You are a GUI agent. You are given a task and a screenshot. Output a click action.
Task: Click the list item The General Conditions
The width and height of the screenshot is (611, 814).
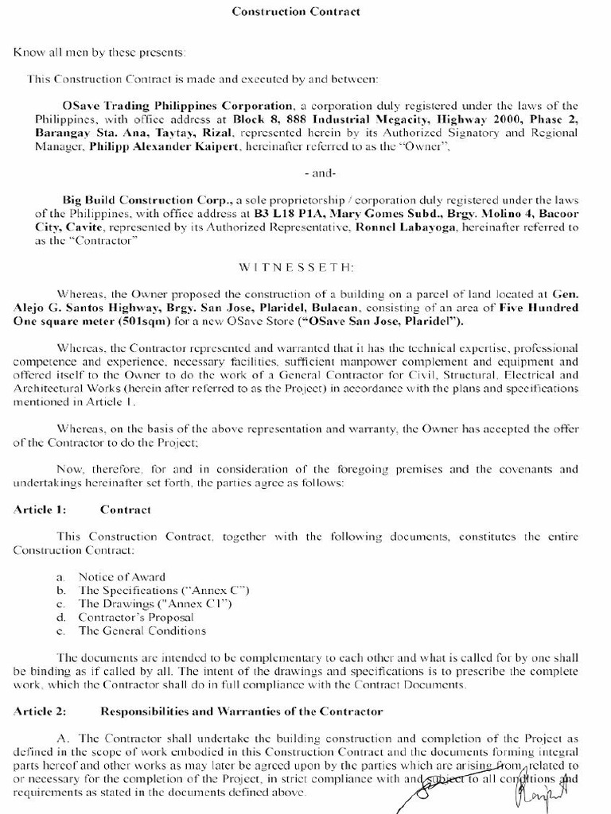pos(142,631)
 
